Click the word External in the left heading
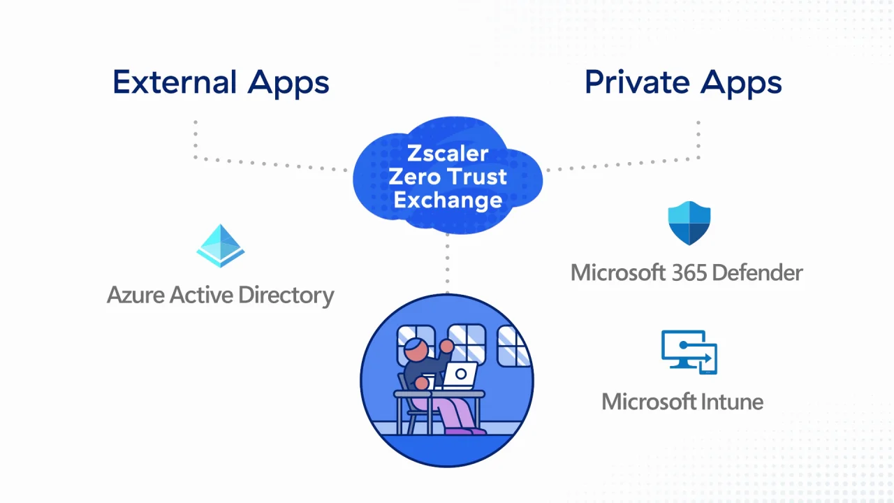coord(175,82)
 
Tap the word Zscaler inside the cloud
coord(448,153)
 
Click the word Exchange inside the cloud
coord(448,201)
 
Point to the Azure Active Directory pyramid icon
coord(221,246)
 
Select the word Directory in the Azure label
coord(286,296)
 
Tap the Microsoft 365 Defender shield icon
coord(689,224)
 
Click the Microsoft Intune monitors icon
coord(689,353)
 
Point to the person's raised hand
coord(446,345)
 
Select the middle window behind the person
coord(467,344)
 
